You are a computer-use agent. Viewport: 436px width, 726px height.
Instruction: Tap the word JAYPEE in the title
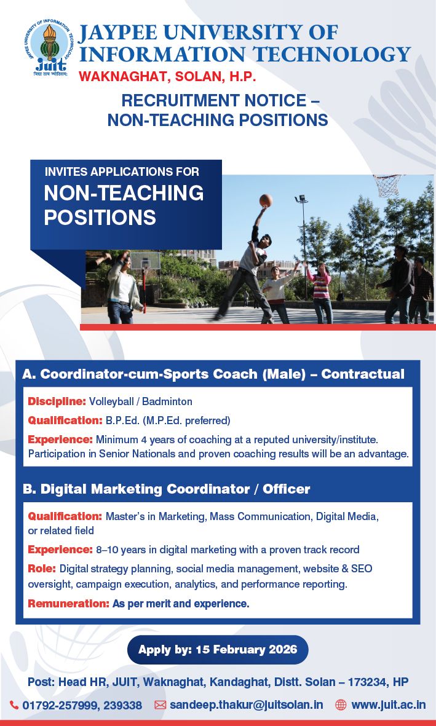coord(119,33)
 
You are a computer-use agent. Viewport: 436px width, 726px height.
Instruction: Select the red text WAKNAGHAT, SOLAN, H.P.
coord(167,76)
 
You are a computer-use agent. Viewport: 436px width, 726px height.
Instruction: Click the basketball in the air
coord(266,200)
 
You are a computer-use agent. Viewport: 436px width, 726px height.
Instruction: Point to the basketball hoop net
coord(387,185)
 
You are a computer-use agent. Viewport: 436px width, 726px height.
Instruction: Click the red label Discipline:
coord(57,401)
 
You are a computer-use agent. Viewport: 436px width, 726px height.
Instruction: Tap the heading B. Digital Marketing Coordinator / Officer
coord(166,489)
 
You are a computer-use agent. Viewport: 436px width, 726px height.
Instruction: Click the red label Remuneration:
coord(68,603)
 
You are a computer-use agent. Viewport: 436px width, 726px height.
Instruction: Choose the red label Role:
coord(42,568)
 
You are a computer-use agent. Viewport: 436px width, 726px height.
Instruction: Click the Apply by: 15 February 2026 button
coord(218,649)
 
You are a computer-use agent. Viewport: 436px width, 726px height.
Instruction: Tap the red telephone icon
coord(14,705)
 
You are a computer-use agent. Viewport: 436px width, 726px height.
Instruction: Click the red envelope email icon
coord(160,705)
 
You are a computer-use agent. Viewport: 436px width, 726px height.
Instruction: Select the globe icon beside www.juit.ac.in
coord(341,705)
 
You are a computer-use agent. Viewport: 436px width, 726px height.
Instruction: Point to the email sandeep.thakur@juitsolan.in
coord(247,704)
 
